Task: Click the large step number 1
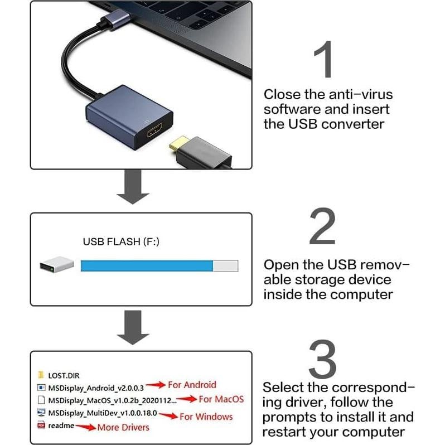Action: point(323,59)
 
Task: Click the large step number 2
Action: point(323,226)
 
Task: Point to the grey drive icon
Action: point(56,265)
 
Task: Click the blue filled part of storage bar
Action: point(147,266)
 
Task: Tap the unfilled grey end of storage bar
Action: point(226,266)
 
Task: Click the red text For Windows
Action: point(206,417)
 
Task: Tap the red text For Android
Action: point(191,385)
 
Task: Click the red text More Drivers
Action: point(123,427)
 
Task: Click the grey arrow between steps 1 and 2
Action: point(133,188)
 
